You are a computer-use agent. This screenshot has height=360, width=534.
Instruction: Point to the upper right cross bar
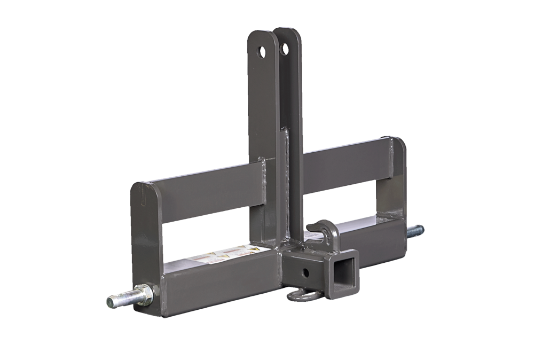point(347,160)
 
